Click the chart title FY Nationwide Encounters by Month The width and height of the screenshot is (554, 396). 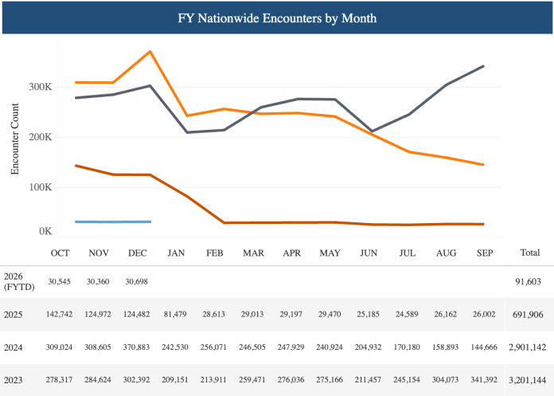point(277,17)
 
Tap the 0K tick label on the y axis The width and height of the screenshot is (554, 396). point(45,231)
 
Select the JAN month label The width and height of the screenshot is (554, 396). point(176,253)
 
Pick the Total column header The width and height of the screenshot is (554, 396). point(529,253)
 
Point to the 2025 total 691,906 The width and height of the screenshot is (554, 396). point(528,316)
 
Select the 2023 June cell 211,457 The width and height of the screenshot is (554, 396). point(368,380)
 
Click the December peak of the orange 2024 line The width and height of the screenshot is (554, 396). point(150,52)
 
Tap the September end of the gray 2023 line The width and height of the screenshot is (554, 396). point(483,66)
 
